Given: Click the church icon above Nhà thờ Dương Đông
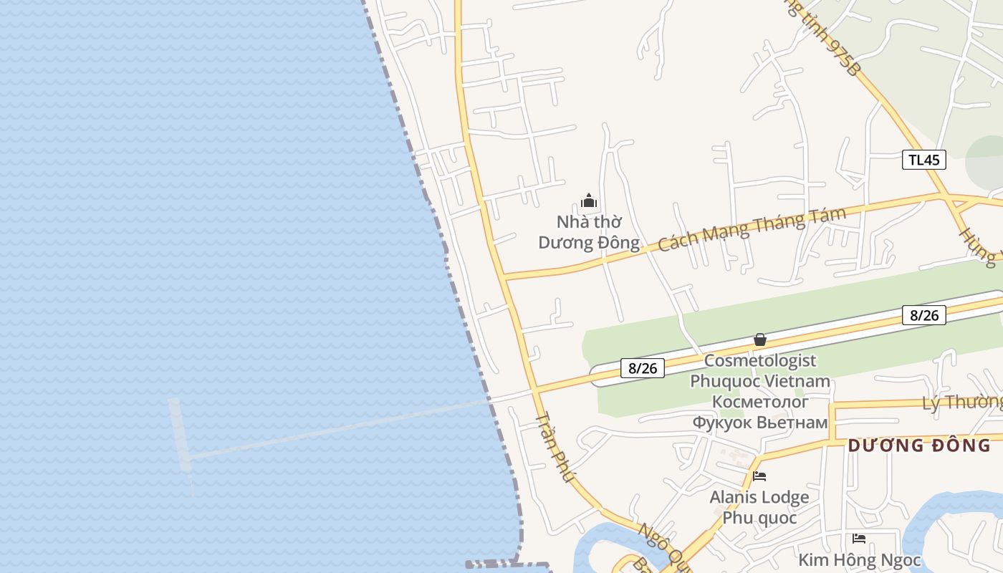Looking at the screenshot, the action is [589, 201].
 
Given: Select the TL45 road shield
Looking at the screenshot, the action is [923, 160].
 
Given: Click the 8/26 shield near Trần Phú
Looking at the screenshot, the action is [643, 368].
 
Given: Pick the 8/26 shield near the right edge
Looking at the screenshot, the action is [923, 314].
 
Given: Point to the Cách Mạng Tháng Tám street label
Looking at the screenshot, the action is [752, 228].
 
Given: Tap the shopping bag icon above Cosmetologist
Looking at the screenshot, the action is [760, 340].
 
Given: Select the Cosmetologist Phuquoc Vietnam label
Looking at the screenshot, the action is [760, 370].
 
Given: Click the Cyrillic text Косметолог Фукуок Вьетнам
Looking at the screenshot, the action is [760, 412].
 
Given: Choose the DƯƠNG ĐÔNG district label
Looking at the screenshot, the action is [919, 446].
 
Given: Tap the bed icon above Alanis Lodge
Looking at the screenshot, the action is [759, 476].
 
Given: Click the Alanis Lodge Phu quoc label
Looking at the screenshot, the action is [759, 507].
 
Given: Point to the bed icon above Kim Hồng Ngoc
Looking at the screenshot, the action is [859, 538].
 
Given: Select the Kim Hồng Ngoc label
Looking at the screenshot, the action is [859, 559].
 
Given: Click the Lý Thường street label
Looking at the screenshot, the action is [962, 403].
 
